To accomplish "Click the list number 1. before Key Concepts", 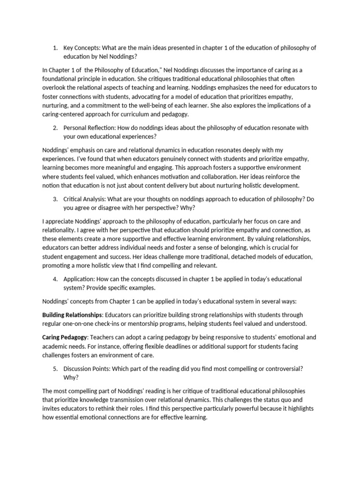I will [x=55, y=47].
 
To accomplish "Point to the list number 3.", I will [x=55, y=199].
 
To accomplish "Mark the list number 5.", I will [x=55, y=369].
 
